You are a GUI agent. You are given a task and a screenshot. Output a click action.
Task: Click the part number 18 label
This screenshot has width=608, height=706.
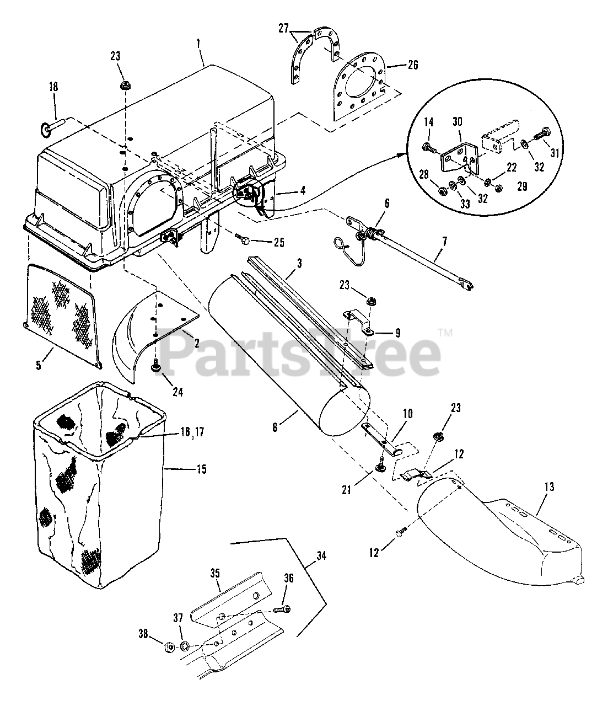pyautogui.click(x=53, y=87)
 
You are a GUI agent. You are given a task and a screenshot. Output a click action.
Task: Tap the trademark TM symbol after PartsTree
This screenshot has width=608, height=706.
pyautogui.click(x=446, y=333)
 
